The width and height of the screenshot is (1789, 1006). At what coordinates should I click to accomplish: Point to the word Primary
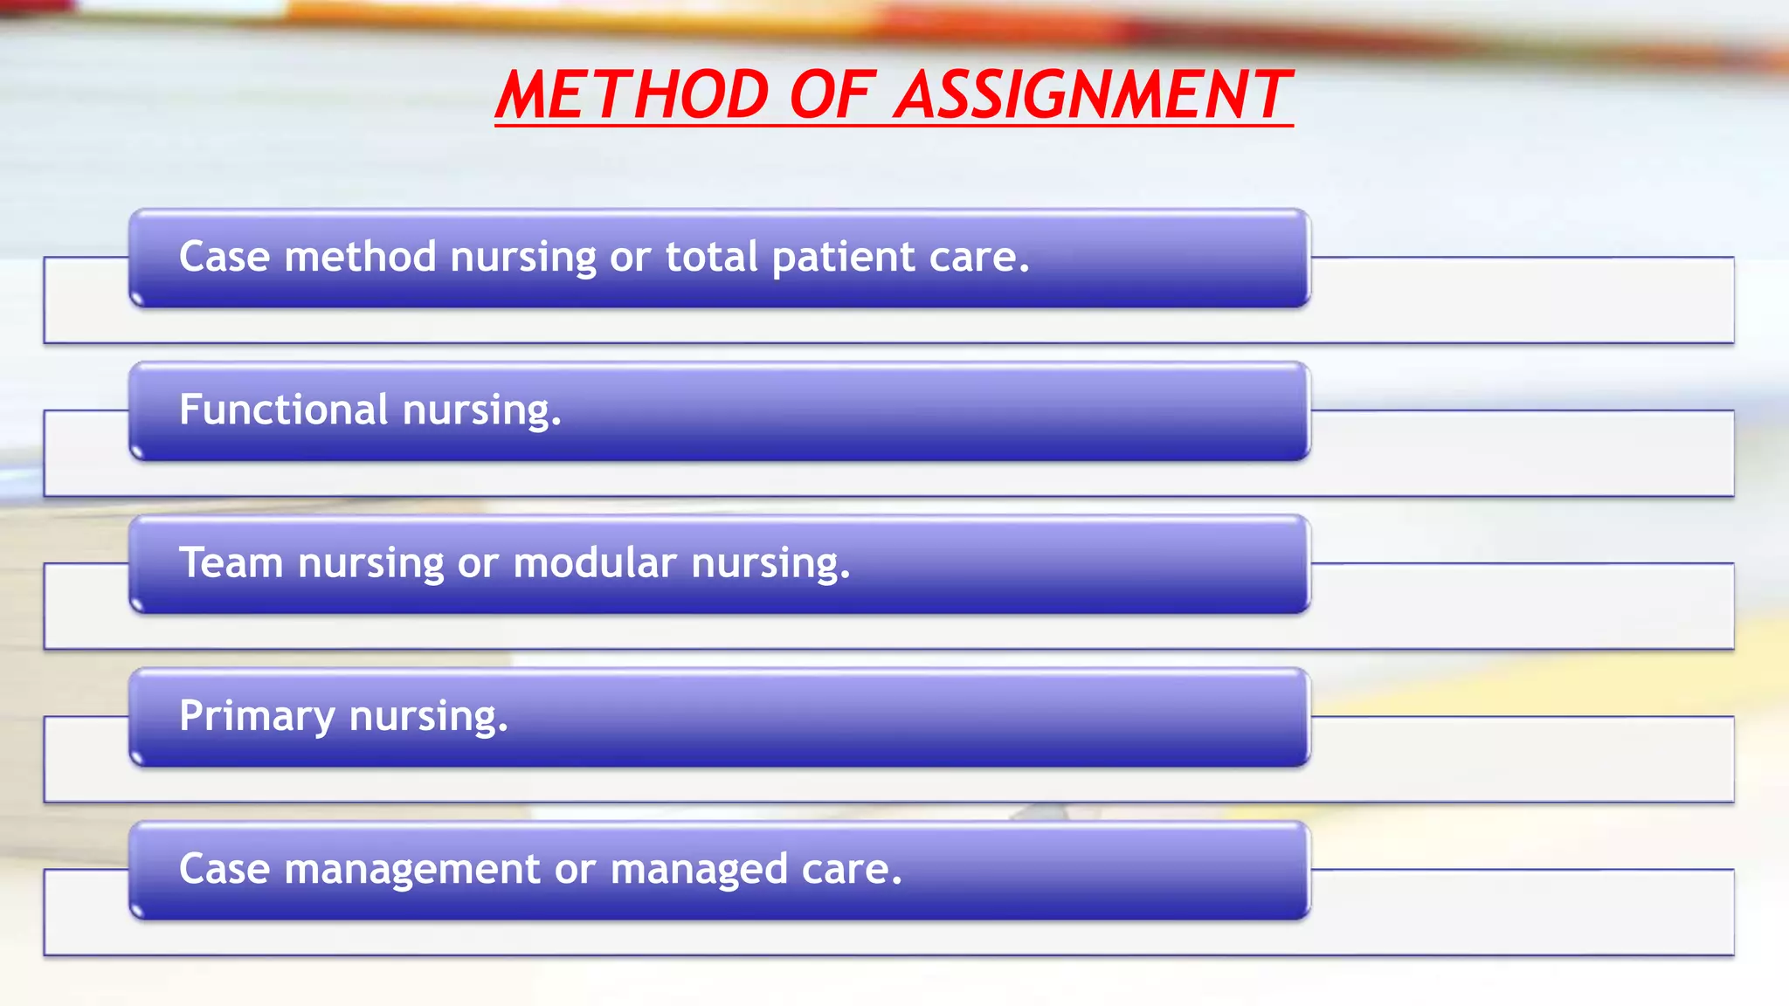coord(257,716)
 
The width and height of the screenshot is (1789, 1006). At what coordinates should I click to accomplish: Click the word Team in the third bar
coord(231,562)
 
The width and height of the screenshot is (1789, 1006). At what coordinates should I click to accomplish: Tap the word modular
coord(595,562)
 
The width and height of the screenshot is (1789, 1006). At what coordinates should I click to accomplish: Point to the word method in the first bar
coord(360,257)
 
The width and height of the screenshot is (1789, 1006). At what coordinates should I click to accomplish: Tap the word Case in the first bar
coord(224,257)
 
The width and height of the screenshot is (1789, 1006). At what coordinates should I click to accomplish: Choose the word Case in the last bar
coord(224,869)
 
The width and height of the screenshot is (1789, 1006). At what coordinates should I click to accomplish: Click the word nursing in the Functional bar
coord(481,410)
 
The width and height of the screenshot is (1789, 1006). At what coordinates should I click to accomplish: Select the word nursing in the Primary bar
coord(428,716)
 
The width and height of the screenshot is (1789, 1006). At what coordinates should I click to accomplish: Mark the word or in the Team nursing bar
coord(478,562)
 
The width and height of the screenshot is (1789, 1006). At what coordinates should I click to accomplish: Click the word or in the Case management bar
coord(575,869)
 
